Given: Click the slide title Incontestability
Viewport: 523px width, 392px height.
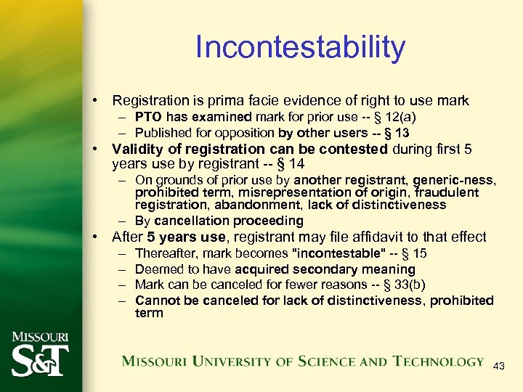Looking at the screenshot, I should (300, 48).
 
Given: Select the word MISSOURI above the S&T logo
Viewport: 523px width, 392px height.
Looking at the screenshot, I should (40, 338).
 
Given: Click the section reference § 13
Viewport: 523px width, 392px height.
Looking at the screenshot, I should (394, 133).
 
